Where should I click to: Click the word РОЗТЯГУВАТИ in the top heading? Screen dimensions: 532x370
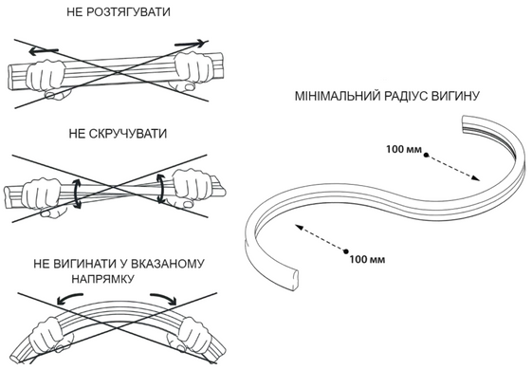tap(128, 12)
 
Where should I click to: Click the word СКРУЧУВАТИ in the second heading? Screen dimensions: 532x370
tap(128, 134)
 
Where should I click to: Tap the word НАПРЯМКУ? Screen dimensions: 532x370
tap(103, 279)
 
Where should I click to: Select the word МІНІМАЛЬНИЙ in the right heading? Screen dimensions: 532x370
tap(338, 97)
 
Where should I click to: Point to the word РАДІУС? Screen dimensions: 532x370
tap(406, 97)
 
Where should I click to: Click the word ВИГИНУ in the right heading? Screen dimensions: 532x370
tap(455, 97)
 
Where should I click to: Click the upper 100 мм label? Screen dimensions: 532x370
tap(404, 149)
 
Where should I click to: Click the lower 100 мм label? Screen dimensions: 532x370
tap(367, 260)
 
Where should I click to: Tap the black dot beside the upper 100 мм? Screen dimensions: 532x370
tap(426, 156)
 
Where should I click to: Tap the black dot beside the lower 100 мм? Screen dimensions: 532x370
tap(346, 251)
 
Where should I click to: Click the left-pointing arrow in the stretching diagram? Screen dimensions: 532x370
tap(43, 51)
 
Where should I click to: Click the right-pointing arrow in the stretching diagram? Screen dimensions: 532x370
tap(191, 44)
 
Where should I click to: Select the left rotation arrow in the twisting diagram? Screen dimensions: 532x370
tap(78, 194)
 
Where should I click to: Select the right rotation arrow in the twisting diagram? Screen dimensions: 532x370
tap(161, 189)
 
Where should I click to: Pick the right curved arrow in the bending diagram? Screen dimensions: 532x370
tap(164, 298)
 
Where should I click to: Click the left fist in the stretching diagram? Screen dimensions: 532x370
tap(46, 79)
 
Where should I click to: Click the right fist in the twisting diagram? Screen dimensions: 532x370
tap(191, 188)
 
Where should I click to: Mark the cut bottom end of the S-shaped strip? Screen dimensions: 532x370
tap(293, 280)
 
